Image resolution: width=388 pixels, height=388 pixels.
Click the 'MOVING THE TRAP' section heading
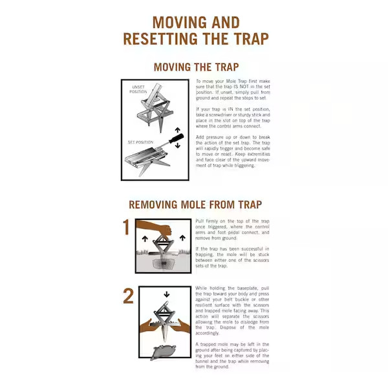click(196, 67)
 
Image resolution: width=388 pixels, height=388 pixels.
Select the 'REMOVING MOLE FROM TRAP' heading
click(195, 205)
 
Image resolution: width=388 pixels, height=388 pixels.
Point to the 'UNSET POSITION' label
click(139, 89)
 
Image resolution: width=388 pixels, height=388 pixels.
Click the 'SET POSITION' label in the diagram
click(139, 142)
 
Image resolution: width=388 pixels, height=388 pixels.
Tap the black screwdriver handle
click(175, 140)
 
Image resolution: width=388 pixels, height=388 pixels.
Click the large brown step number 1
click(128, 228)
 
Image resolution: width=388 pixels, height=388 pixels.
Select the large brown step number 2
click(128, 296)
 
